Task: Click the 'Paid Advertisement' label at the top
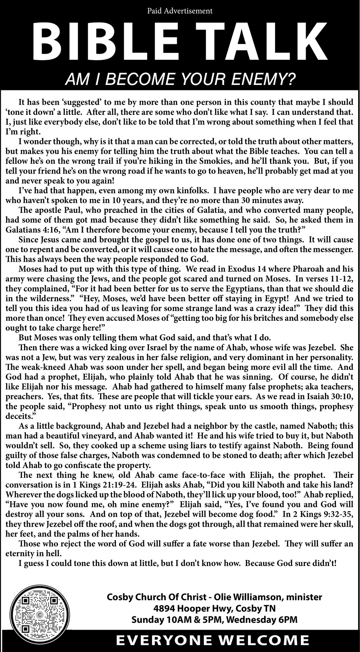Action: pos(180,11)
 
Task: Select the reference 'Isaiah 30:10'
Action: pos(332,397)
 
